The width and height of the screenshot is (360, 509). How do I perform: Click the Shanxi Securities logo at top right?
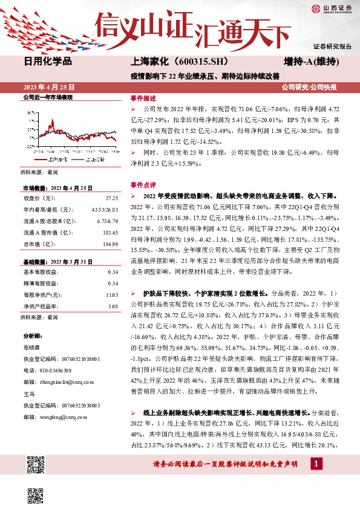[331, 8]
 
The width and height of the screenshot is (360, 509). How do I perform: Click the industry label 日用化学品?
[48, 62]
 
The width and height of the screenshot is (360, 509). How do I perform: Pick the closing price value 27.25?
[111, 198]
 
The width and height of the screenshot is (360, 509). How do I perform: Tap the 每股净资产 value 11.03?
[111, 294]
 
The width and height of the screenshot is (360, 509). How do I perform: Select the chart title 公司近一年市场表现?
[48, 97]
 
